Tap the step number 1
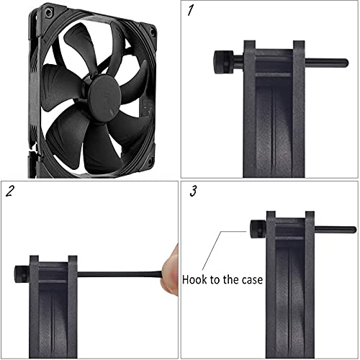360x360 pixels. pos(191,12)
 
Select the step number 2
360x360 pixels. pos(10,191)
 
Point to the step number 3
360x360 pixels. pos(192,192)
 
